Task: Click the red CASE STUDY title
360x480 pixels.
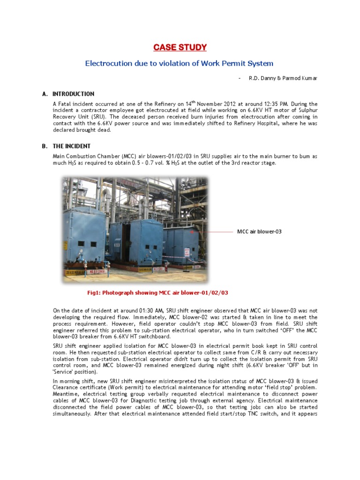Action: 180,47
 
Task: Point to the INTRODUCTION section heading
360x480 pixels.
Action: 73,94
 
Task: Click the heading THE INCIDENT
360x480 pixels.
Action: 72,146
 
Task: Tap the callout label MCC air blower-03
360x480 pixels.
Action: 259,232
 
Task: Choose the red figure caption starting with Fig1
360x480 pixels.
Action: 157,292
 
